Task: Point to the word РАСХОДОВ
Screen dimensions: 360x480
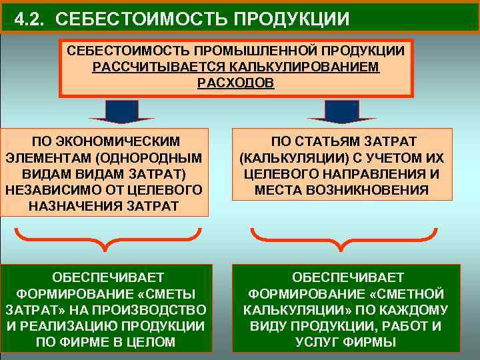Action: [x=235, y=84]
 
